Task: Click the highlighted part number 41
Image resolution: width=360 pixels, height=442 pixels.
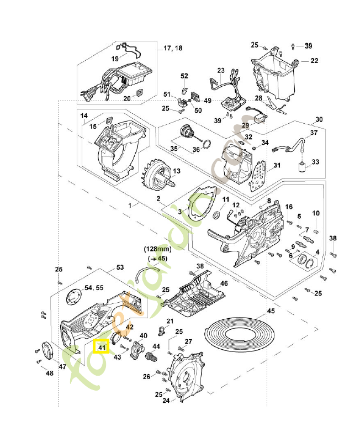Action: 101,348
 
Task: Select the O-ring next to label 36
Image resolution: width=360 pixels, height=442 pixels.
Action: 205,145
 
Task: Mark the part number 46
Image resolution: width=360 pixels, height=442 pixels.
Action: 224,283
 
